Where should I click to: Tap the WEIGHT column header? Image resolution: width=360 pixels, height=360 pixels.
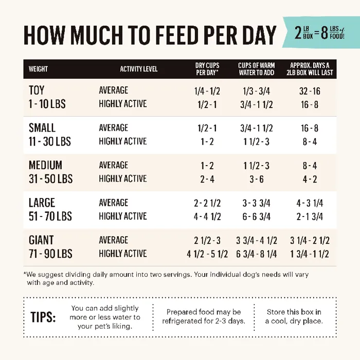(39, 69)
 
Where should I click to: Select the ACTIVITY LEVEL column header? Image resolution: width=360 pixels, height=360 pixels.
(139, 69)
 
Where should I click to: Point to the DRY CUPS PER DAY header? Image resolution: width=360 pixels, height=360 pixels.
(207, 69)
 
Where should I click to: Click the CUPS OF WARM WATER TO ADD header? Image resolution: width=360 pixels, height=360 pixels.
(256, 69)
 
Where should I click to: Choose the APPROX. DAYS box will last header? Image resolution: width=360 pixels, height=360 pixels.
(312, 69)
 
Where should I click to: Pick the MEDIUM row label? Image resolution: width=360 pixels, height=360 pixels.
(45, 166)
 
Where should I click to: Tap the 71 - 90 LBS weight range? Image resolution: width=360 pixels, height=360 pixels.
(50, 254)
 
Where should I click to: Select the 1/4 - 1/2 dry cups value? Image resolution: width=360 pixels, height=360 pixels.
(207, 91)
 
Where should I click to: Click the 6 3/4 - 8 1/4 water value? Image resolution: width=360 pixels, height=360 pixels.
(257, 254)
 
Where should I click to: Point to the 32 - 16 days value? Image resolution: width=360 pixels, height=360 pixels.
(310, 91)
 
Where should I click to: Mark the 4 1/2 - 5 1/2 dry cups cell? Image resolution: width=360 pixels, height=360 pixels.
(207, 254)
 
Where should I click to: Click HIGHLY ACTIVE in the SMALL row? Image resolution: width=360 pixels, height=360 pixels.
(123, 141)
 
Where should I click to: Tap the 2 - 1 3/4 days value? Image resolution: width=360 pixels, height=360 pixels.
(310, 217)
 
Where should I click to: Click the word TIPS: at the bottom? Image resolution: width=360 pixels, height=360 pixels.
(43, 317)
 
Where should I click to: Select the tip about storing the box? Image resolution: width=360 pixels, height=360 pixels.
(294, 317)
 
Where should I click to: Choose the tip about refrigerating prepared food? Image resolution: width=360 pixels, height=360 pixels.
(204, 317)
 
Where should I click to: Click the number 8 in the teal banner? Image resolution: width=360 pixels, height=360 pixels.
(325, 34)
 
